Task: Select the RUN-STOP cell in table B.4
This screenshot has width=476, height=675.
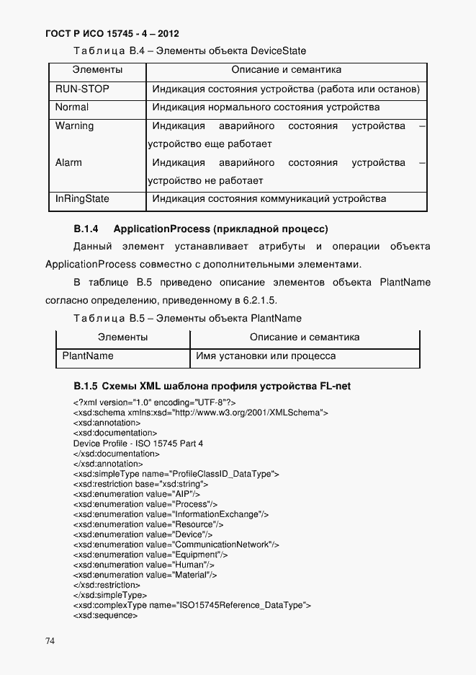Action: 80,89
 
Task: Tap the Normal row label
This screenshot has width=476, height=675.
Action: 72,107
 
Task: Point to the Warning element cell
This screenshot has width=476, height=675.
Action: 74,126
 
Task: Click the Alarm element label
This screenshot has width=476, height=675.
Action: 68,162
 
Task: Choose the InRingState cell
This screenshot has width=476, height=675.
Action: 82,198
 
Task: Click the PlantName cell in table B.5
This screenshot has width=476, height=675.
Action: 88,356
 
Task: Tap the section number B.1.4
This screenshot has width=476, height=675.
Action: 86,229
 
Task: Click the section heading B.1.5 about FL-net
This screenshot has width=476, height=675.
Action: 212,386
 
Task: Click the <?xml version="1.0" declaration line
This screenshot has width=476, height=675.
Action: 154,402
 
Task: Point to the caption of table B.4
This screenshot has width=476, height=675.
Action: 189,51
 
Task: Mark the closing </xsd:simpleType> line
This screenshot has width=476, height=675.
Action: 110,595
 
